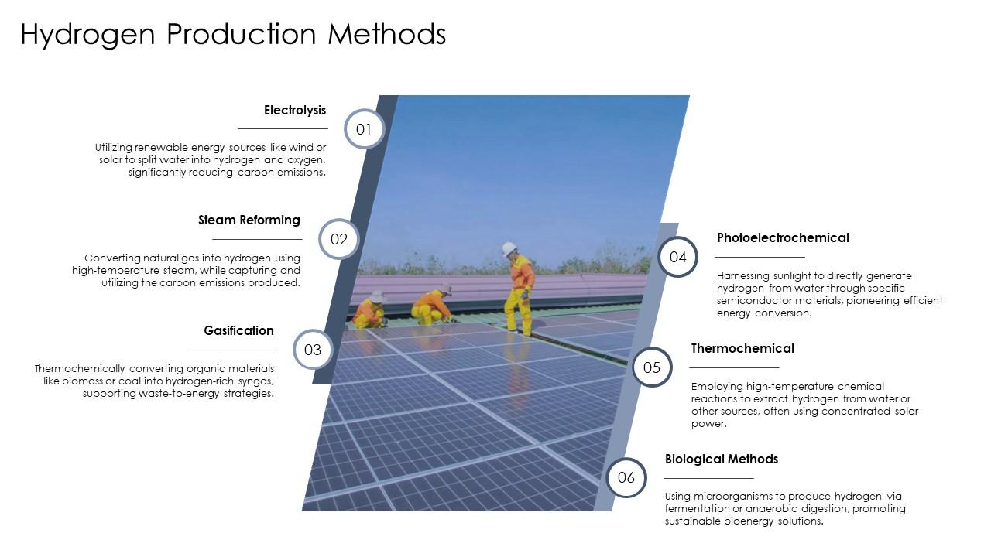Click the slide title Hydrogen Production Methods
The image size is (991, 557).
(233, 35)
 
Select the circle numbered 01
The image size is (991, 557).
(364, 129)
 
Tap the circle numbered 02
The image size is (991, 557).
(339, 239)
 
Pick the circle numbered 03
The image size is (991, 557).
(313, 350)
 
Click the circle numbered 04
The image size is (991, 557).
(678, 257)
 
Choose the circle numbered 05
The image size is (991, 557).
(652, 367)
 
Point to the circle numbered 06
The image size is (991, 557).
(626, 477)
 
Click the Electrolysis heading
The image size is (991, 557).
(295, 111)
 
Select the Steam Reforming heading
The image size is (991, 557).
(249, 220)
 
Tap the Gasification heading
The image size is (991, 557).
(238, 331)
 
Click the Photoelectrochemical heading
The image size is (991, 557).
(783, 238)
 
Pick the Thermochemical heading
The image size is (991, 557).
(742, 349)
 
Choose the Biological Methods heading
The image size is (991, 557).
(722, 460)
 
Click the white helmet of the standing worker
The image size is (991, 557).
(509, 249)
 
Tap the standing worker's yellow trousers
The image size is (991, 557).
(516, 309)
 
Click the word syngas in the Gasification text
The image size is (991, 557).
(255, 381)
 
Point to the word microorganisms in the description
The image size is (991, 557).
(732, 497)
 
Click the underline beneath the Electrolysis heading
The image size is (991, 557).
(283, 128)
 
